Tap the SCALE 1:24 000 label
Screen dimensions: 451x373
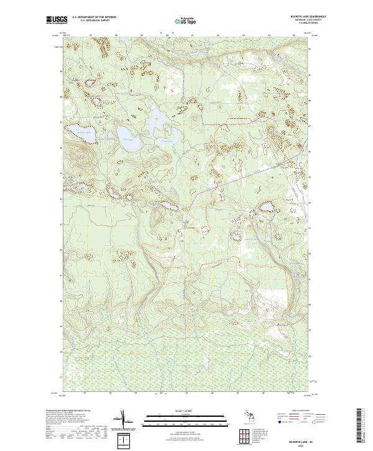pos(185,411)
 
